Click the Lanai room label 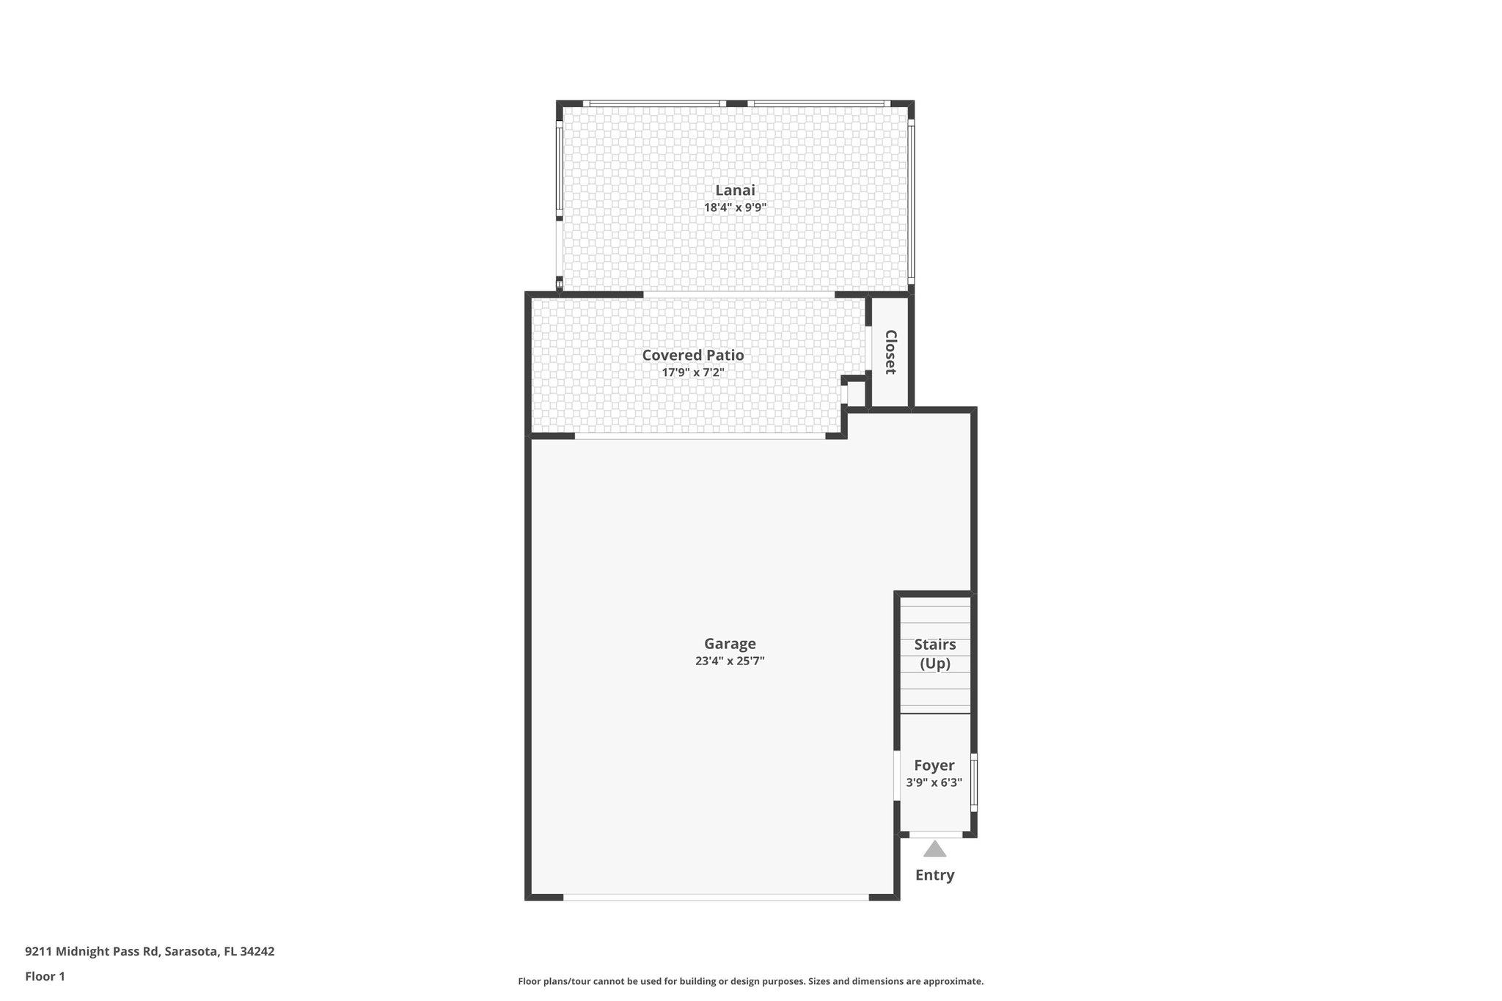[735, 190]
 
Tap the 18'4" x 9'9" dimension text [735, 208]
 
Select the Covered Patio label [693, 355]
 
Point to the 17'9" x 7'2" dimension [693, 373]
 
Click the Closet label [890, 352]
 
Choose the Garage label [730, 644]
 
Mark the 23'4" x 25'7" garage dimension [730, 661]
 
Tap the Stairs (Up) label [935, 653]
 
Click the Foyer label [934, 766]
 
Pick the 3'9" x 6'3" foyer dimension [934, 782]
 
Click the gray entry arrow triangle [934, 850]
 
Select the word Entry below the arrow [934, 875]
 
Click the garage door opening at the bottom [716, 897]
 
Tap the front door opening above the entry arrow [936, 835]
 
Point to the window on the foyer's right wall [974, 782]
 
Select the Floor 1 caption [45, 976]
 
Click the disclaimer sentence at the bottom [750, 981]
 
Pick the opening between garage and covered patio [700, 436]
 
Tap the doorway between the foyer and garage [897, 775]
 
